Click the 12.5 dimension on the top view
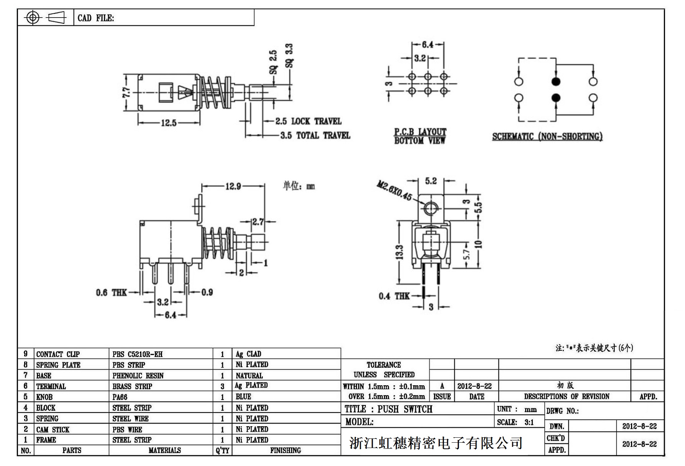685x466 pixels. (169, 123)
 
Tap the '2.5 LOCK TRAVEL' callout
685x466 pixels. (308, 121)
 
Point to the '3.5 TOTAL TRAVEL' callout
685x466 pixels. (315, 135)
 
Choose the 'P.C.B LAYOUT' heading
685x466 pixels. (420, 132)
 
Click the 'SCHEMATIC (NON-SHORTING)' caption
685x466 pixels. (547, 136)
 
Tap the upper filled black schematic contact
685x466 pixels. (556, 81)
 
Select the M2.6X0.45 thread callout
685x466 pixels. (394, 191)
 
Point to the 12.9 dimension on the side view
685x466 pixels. (233, 186)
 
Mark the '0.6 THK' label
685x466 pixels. (111, 293)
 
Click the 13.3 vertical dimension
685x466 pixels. (399, 252)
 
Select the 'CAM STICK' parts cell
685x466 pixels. (53, 429)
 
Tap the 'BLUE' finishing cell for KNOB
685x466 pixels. (243, 397)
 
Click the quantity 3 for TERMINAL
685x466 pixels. (222, 386)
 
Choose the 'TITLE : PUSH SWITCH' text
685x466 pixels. (388, 409)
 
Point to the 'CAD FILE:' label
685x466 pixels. (96, 18)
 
